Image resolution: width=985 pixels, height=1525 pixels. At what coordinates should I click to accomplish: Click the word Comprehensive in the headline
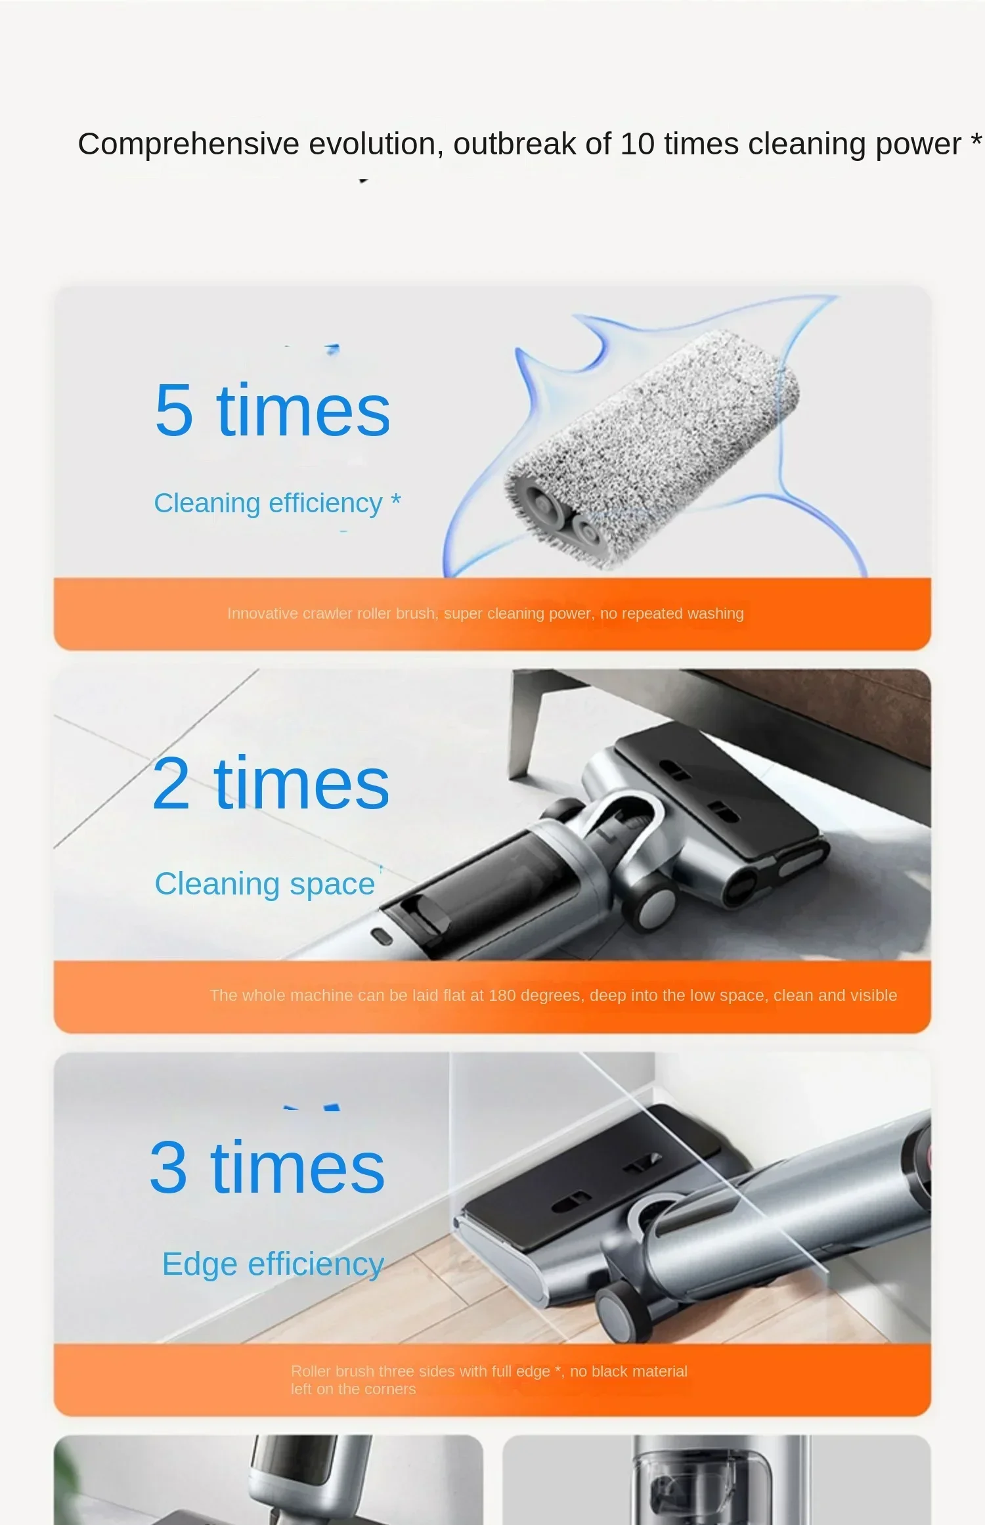188,144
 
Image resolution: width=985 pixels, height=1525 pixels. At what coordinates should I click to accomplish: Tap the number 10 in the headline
637,144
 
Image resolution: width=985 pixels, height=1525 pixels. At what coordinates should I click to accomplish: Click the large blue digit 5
174,410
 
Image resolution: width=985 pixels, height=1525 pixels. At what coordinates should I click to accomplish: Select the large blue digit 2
171,784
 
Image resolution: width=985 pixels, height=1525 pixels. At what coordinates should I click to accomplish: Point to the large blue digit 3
169,1167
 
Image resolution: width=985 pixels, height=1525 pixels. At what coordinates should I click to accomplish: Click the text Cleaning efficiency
268,504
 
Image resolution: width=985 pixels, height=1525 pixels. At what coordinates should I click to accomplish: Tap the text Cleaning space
265,884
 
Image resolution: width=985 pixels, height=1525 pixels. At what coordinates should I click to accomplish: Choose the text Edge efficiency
273,1264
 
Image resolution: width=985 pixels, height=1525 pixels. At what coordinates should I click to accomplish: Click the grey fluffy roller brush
657,447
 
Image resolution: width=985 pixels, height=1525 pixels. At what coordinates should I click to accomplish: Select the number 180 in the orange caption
502,996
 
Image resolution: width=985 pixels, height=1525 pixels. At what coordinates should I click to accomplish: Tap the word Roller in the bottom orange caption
311,1371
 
